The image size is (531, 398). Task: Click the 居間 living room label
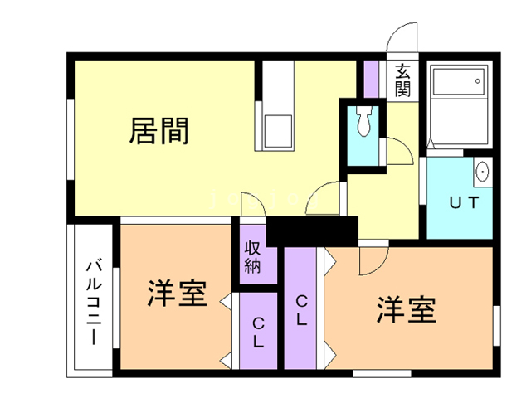point(158,131)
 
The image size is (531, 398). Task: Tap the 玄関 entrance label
point(402,80)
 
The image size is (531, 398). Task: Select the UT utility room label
point(464,202)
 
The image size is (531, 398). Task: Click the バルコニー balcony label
point(94,303)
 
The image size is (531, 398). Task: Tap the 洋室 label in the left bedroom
point(177,293)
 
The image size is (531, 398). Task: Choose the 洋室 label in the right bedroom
point(407,309)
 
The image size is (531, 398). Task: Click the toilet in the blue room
point(364,121)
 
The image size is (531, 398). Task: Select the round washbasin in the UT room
point(482,172)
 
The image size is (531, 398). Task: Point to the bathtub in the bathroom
point(459,82)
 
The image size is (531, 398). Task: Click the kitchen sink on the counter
point(278,131)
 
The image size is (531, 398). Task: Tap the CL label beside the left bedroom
point(258,332)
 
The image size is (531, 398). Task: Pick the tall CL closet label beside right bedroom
point(301,310)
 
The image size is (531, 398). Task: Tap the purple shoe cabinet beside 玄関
point(371,80)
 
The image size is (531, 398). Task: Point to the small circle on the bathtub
point(478,81)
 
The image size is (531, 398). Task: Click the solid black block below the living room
point(312,231)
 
